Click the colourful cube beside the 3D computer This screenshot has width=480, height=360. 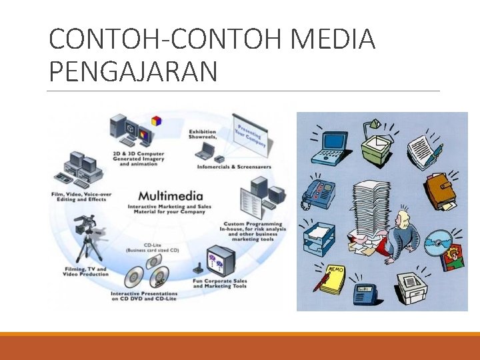tap(157, 121)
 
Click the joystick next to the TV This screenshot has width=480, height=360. tap(198, 269)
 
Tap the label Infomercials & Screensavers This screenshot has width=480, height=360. tap(231, 166)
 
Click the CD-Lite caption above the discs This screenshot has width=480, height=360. tap(152, 247)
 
